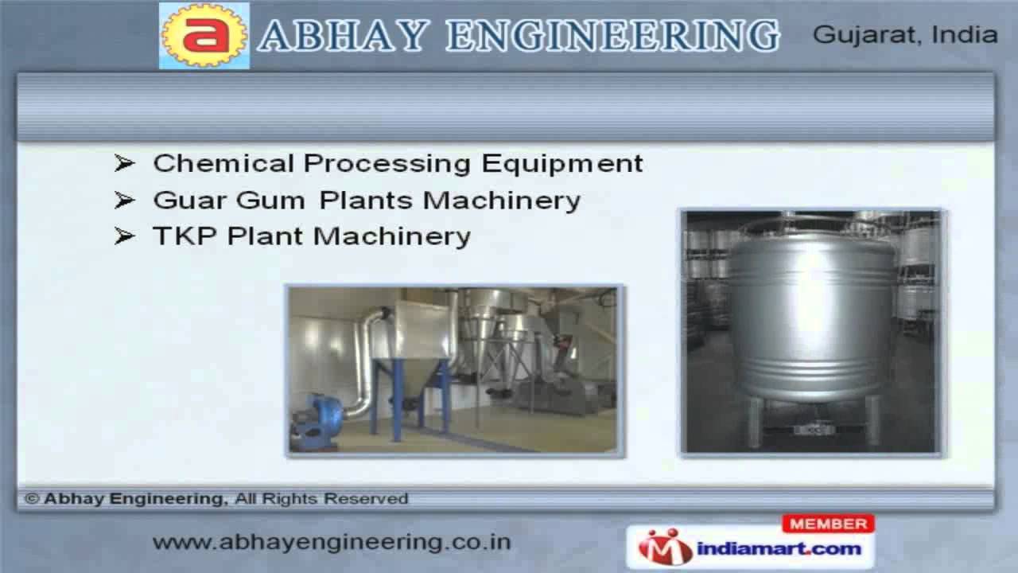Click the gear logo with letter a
[x=204, y=36]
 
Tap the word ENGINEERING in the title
[x=612, y=36]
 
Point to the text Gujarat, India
[x=905, y=35]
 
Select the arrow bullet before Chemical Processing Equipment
[x=124, y=163]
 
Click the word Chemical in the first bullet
[x=223, y=163]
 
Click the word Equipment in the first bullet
[x=562, y=163]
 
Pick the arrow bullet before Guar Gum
[x=124, y=200]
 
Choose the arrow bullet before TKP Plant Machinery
[x=124, y=236]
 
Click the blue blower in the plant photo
[x=318, y=420]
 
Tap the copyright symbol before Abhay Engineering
[x=32, y=499]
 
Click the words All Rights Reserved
[x=321, y=499]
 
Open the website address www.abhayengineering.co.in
[x=332, y=542]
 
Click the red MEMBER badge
[x=828, y=524]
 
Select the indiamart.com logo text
[x=779, y=548]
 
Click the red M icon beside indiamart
[x=665, y=548]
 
